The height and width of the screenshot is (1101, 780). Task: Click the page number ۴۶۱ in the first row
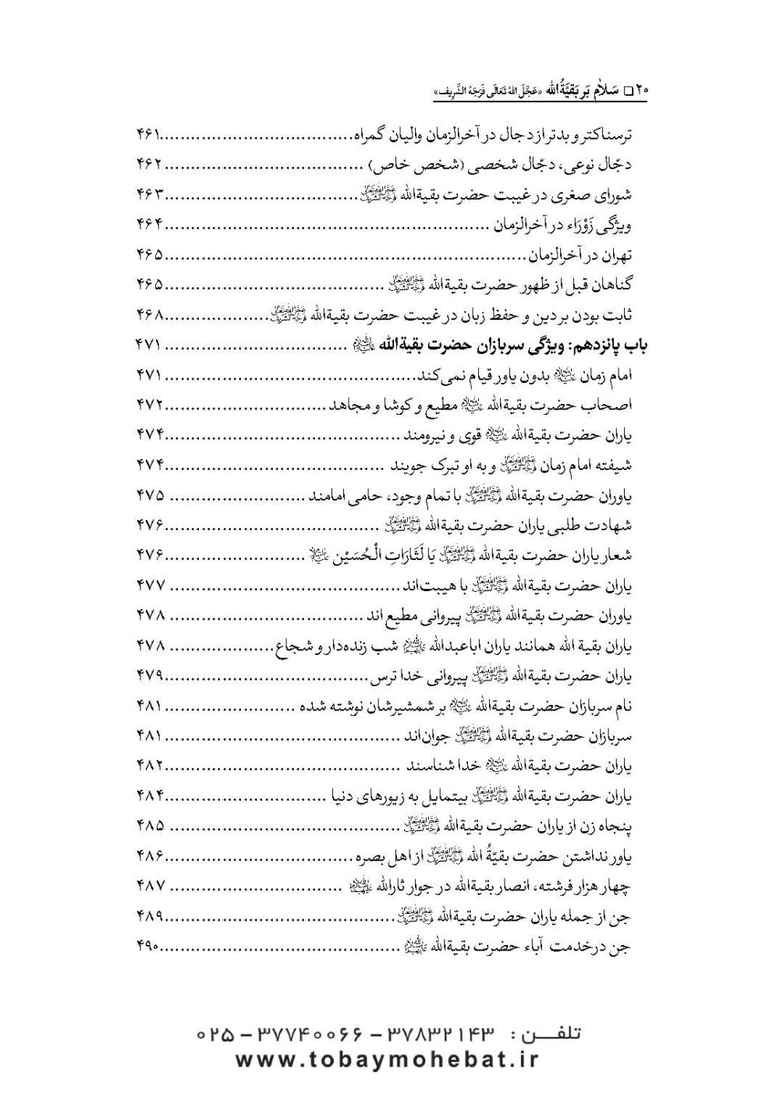click(148, 136)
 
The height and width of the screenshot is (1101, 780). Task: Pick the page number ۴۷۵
click(148, 497)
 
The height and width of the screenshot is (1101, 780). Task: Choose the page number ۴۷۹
click(148, 676)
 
